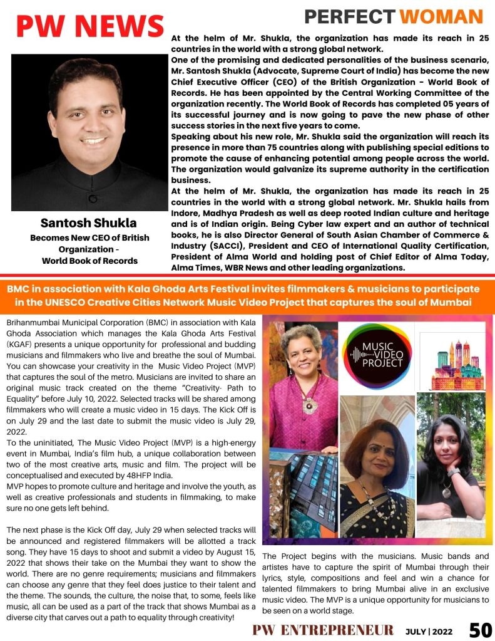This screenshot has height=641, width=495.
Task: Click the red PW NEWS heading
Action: [x=89, y=26]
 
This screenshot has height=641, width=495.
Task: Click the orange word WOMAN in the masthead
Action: [x=442, y=16]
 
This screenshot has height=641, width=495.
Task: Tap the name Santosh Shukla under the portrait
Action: [x=89, y=223]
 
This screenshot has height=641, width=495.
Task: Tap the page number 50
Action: [x=480, y=629]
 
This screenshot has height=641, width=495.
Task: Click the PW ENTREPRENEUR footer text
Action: [x=323, y=630]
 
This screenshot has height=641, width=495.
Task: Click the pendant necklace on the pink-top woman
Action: [x=309, y=404]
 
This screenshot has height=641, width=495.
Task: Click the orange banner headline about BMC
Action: [x=247, y=294]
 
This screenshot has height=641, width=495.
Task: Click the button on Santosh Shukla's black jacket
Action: [x=93, y=199]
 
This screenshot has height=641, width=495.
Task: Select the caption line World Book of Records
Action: [x=89, y=261]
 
